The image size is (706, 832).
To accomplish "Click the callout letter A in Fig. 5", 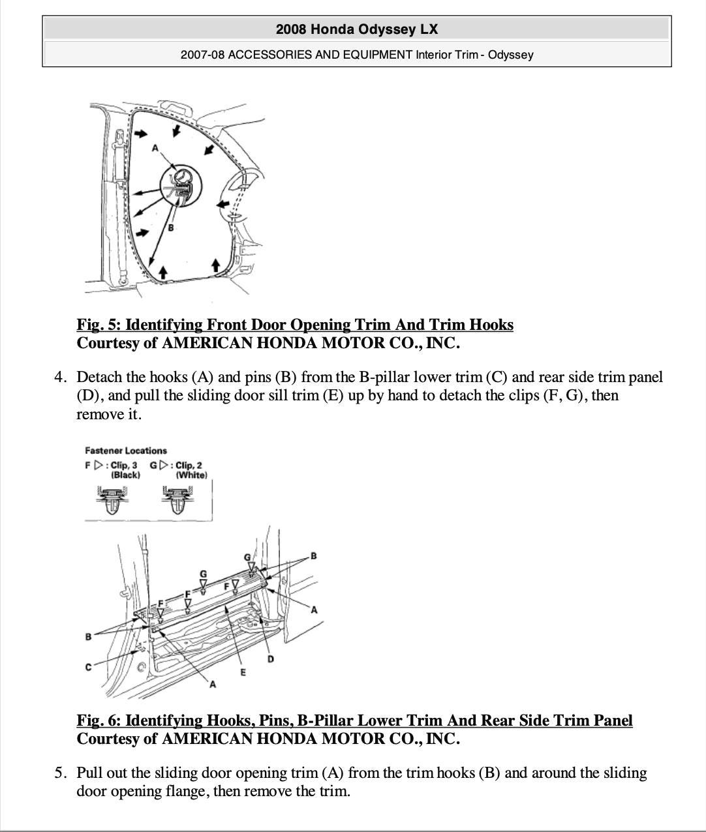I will coord(155,148).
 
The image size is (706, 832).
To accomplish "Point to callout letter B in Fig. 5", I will coord(171,228).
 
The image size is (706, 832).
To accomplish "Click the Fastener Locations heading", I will coord(126,451).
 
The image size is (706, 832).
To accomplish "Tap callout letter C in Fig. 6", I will coord(89,666).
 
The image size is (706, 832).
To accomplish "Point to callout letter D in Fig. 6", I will coord(271,659).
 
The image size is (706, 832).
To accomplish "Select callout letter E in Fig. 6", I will coord(243,672).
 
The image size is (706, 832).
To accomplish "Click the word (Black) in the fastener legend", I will coord(125,475).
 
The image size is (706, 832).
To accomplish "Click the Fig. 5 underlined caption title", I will coord(295,325).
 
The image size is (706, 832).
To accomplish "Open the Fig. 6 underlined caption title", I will coord(354,721).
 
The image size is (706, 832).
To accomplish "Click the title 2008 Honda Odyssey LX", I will coord(357,29).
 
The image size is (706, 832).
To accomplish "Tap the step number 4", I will coord(60,377).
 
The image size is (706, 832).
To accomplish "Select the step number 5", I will coord(60,773).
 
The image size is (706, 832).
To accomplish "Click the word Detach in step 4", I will coord(97,377).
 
